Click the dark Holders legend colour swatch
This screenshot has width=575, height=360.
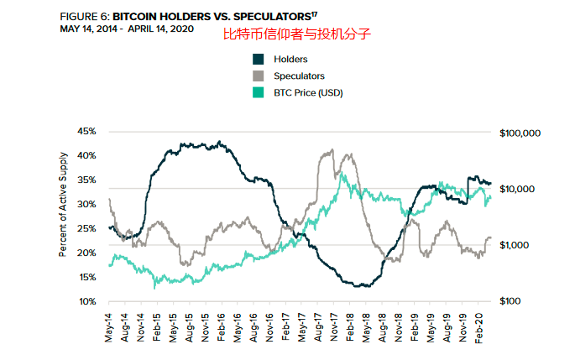click(x=259, y=59)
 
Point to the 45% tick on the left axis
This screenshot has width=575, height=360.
click(x=86, y=132)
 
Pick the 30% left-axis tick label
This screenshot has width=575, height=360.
click(x=86, y=204)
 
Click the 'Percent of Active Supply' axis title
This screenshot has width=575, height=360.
click(x=63, y=216)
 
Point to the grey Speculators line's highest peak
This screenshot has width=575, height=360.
click(x=332, y=150)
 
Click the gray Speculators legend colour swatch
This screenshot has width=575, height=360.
click(x=259, y=76)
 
